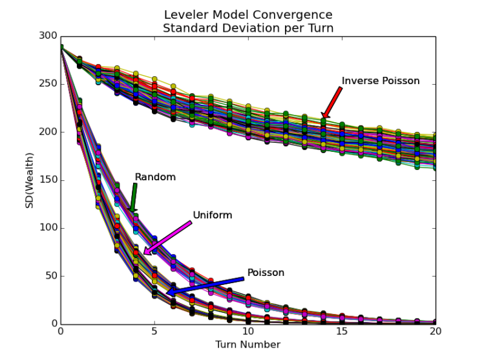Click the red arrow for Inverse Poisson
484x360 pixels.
click(331, 102)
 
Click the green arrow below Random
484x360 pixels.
click(134, 197)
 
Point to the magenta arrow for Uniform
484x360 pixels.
click(168, 238)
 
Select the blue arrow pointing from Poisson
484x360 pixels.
click(205, 286)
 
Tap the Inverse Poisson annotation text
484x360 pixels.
click(381, 81)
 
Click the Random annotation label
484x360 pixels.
click(155, 177)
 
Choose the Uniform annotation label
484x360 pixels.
click(212, 215)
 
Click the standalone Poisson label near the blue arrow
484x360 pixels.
click(266, 273)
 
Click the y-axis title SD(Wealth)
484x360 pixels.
click(29, 180)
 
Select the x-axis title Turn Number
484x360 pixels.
click(248, 344)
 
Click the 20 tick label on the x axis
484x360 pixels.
click(436, 332)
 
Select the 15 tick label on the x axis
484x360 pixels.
click(342, 332)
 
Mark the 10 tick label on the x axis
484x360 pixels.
click(248, 332)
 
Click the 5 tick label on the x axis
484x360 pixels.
click(154, 332)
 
